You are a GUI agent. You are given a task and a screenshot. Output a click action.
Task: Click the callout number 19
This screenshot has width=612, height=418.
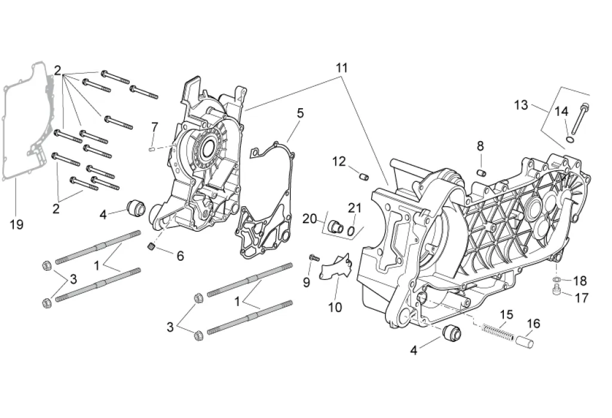pos(17,225)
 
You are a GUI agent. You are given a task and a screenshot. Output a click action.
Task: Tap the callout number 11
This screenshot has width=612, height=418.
pos(342,68)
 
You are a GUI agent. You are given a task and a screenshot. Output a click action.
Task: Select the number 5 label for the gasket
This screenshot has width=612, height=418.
pos(300,113)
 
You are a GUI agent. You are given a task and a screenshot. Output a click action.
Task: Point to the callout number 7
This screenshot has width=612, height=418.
pos(155,127)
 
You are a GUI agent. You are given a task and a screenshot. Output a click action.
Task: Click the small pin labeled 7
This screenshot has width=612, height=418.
pos(152,148)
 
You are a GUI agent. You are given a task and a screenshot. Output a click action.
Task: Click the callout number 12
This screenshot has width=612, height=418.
pos(339,161)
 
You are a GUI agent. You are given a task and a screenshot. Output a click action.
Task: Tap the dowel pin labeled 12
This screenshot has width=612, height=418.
pos(364,176)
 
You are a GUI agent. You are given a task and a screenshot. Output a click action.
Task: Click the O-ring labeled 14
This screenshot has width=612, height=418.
pos(570,140)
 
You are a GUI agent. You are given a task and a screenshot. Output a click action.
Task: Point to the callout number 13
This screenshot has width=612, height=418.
pos(521,105)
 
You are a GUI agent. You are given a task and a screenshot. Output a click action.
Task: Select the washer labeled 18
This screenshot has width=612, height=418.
pos(556,279)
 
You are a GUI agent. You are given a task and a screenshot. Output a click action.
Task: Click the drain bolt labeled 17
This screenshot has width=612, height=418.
pos(557,291)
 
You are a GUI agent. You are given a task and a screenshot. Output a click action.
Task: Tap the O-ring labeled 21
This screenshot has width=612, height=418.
pos(350,231)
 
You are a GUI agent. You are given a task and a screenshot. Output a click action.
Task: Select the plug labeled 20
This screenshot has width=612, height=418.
pos(335,226)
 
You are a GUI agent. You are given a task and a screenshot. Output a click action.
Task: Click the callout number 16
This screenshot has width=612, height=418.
pos(534,324)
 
